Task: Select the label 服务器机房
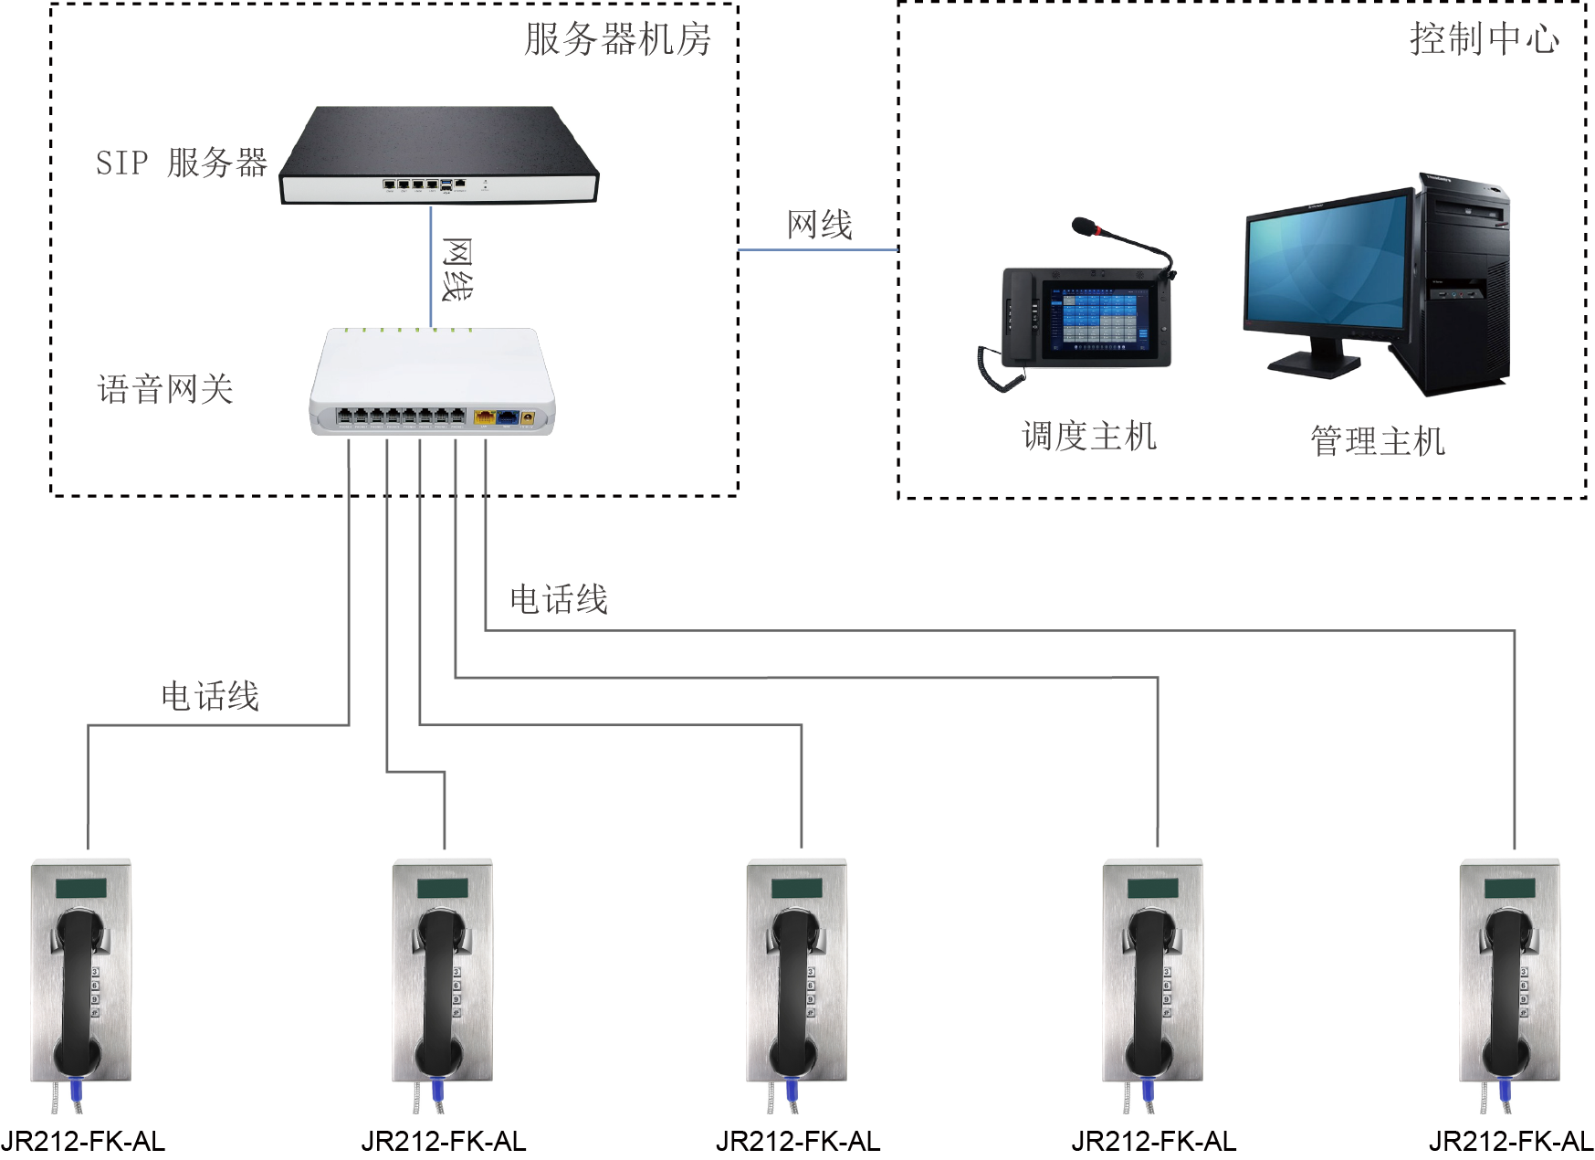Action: pyautogui.click(x=617, y=40)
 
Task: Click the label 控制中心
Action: pyautogui.click(x=1484, y=38)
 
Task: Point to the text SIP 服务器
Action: pyautogui.click(x=181, y=163)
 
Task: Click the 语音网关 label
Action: pyautogui.click(x=165, y=390)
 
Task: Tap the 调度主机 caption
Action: pyautogui.click(x=1089, y=437)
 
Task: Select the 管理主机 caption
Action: pyautogui.click(x=1378, y=441)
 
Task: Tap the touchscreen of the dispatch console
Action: pyautogui.click(x=1092, y=318)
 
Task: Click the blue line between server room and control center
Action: pyautogui.click(x=817, y=248)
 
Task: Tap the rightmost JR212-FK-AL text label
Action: pyautogui.click(x=1511, y=1141)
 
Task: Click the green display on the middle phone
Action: pyautogui.click(x=796, y=888)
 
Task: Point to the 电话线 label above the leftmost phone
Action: pyautogui.click(x=210, y=696)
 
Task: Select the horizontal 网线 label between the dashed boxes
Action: pyautogui.click(x=820, y=225)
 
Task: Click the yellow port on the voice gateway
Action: pyautogui.click(x=484, y=418)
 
